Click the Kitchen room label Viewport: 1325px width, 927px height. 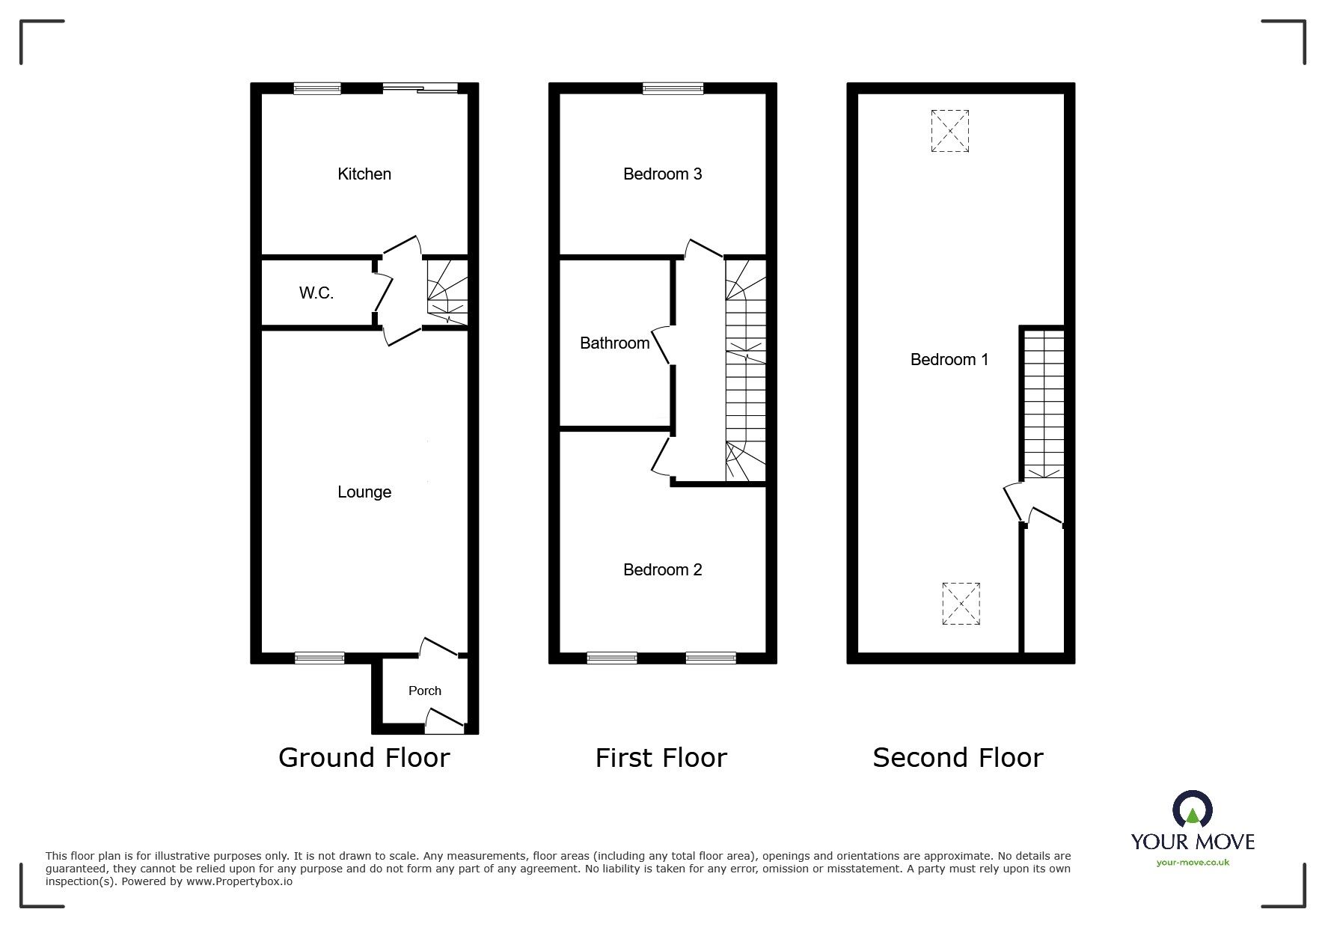click(x=364, y=174)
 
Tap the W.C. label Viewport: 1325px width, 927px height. click(x=316, y=293)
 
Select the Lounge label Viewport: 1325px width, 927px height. click(x=364, y=492)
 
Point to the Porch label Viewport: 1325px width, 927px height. click(x=425, y=691)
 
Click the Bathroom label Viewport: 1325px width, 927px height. click(x=615, y=343)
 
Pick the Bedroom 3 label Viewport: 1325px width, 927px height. click(x=662, y=174)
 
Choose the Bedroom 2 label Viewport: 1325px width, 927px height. click(x=662, y=570)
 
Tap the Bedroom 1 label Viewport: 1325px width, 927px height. click(x=949, y=360)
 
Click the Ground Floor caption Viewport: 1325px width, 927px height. click(x=364, y=758)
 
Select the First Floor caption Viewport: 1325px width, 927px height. click(x=661, y=758)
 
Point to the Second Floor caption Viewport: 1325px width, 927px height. click(x=958, y=758)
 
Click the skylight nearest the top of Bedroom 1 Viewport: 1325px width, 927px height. click(x=950, y=131)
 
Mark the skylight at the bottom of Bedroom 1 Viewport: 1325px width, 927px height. click(x=961, y=604)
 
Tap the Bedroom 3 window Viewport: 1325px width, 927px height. click(x=673, y=88)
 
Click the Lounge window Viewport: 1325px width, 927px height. click(x=319, y=658)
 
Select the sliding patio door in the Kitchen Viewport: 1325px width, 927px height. click(x=420, y=88)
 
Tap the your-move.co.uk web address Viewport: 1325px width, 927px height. click(x=1193, y=863)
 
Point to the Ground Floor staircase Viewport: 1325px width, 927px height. click(x=447, y=293)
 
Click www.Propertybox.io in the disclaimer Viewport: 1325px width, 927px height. click(x=239, y=881)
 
